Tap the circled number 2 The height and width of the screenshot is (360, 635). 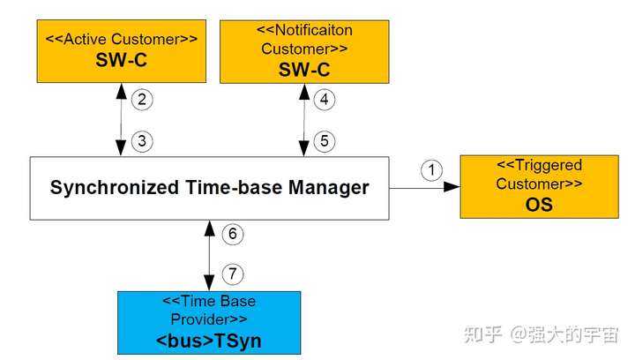tap(142, 100)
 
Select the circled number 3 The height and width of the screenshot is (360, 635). tap(142, 139)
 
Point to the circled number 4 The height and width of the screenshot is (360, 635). tap(325, 100)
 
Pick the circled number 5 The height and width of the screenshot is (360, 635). tap(325, 139)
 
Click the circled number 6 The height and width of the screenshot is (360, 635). tap(232, 235)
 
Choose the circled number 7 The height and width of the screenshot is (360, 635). tap(232, 274)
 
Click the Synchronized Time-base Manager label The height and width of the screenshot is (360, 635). tap(210, 188)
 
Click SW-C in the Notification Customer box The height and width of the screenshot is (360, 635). tap(303, 71)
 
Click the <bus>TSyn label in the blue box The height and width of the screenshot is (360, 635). tap(209, 339)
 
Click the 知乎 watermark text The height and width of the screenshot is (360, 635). tap(484, 334)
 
